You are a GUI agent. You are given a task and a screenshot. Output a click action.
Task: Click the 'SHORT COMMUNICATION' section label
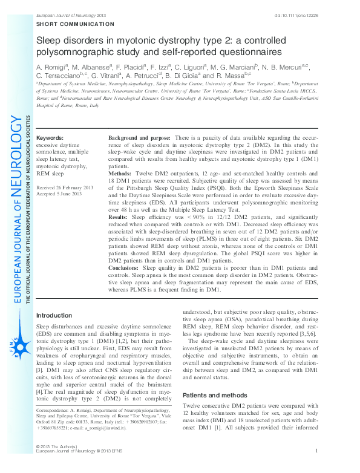click(x=76, y=24)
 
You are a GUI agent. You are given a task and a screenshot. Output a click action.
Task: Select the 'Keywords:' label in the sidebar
click(x=50, y=138)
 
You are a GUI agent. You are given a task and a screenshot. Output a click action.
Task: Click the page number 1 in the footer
click(x=316, y=468)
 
